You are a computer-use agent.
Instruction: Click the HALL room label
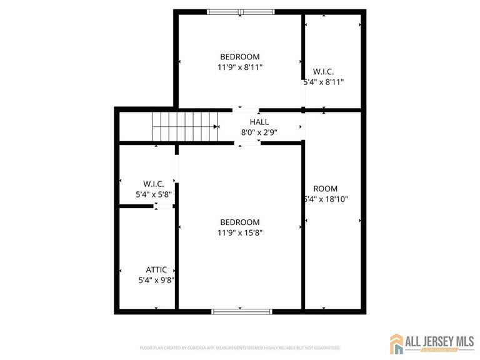259,122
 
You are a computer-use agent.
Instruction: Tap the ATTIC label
156,270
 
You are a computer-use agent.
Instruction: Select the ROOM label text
326,189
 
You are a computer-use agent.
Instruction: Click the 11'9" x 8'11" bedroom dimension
240,67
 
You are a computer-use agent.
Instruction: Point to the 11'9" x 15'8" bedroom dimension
239,232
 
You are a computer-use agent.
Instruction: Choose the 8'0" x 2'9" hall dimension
259,132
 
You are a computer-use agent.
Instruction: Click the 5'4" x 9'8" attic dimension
156,281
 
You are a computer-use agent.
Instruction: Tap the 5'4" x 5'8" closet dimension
154,194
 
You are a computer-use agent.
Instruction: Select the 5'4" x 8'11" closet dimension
324,82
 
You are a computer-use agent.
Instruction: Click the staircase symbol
186,127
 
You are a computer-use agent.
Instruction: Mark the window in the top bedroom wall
240,11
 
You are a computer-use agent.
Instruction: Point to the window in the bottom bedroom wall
241,311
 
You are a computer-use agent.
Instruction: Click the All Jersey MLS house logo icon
397,344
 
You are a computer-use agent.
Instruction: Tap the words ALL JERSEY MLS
440,341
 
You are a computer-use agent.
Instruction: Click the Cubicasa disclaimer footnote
240,347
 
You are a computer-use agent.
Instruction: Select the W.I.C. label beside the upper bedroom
324,71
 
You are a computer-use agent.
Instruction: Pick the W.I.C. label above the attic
154,184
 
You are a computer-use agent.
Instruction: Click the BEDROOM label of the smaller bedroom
240,56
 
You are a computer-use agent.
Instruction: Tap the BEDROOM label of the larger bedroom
239,222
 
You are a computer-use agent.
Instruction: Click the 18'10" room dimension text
326,199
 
